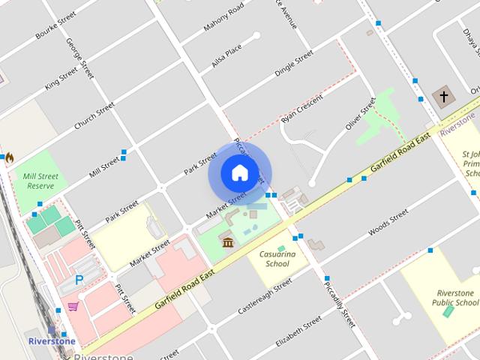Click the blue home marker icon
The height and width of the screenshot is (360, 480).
[239, 172]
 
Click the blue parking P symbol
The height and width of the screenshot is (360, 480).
[79, 280]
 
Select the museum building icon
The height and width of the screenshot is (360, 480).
[227, 241]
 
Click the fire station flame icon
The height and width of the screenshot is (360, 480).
[9, 158]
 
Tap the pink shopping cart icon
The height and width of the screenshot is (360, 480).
[73, 306]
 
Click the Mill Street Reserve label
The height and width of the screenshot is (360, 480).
[36, 181]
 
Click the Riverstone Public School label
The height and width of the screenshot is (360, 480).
[455, 298]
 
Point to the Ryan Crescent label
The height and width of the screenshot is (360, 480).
[301, 109]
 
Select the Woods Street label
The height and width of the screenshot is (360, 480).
[388, 224]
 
